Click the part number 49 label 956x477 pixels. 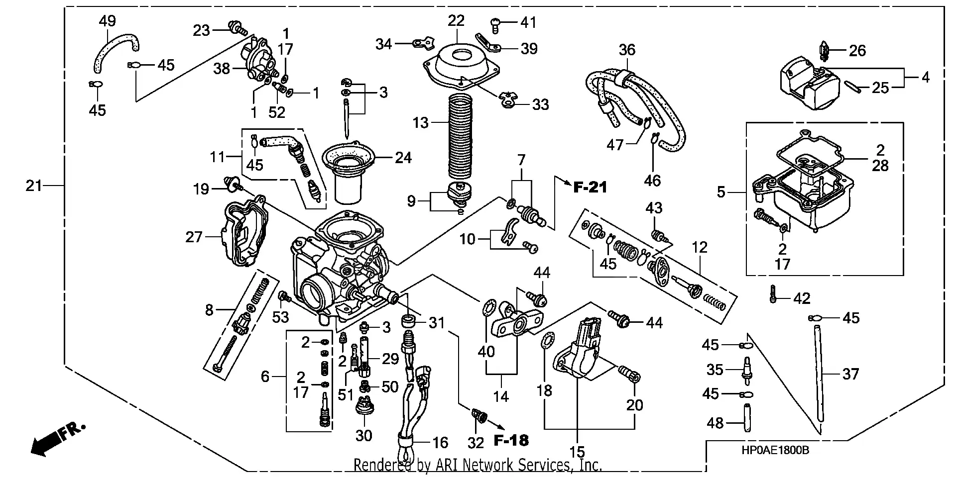pyautogui.click(x=107, y=21)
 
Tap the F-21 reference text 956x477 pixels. pyautogui.click(x=590, y=187)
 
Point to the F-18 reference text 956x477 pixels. pyautogui.click(x=511, y=440)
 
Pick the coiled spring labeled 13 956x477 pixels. pyautogui.click(x=460, y=137)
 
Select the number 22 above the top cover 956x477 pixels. pyautogui.click(x=456, y=20)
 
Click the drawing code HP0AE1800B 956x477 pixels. pyautogui.click(x=775, y=451)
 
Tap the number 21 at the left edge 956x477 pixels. pyautogui.click(x=34, y=186)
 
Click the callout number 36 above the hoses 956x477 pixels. pyautogui.click(x=627, y=50)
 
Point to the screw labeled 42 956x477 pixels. pyautogui.click(x=772, y=294)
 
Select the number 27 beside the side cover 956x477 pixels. pyautogui.click(x=194, y=237)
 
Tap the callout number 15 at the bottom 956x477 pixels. pyautogui.click(x=577, y=452)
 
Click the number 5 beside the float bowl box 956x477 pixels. pyautogui.click(x=721, y=192)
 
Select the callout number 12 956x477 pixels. pyautogui.click(x=699, y=247)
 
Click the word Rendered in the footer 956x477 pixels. pyautogui.click(x=381, y=466)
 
